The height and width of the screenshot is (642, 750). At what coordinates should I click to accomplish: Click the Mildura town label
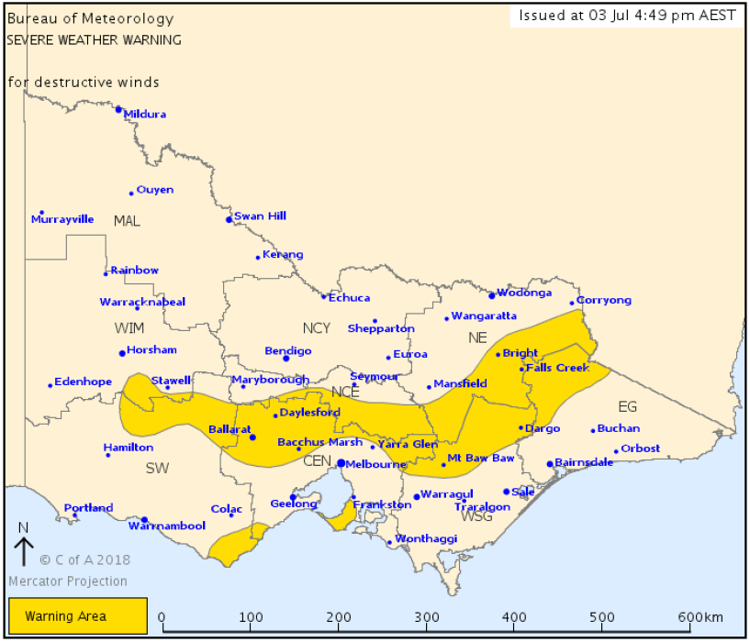[144, 115]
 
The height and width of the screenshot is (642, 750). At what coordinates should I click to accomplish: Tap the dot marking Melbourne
[341, 463]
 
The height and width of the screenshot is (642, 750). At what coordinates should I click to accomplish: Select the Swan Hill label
[260, 216]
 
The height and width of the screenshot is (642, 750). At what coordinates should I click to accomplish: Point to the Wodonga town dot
[492, 295]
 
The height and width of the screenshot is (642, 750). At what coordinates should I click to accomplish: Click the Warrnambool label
[166, 526]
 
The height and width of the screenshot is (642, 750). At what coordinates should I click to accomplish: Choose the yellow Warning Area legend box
[78, 615]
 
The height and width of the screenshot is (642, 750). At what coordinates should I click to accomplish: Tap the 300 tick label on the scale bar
[428, 616]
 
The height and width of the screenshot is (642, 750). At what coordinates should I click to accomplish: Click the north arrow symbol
[24, 551]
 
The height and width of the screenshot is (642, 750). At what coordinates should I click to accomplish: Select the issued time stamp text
[625, 15]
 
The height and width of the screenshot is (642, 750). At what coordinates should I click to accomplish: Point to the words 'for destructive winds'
[84, 83]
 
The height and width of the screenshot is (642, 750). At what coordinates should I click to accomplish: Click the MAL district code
[127, 221]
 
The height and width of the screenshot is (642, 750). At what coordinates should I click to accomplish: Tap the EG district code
[627, 406]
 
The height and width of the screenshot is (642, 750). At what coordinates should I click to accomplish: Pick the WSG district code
[477, 516]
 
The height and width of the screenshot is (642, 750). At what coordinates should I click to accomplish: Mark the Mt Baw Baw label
[480, 458]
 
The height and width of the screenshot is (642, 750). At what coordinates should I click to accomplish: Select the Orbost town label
[640, 448]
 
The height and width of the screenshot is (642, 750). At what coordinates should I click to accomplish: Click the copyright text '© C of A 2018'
[84, 559]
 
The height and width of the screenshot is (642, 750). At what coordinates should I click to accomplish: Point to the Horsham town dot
[122, 353]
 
